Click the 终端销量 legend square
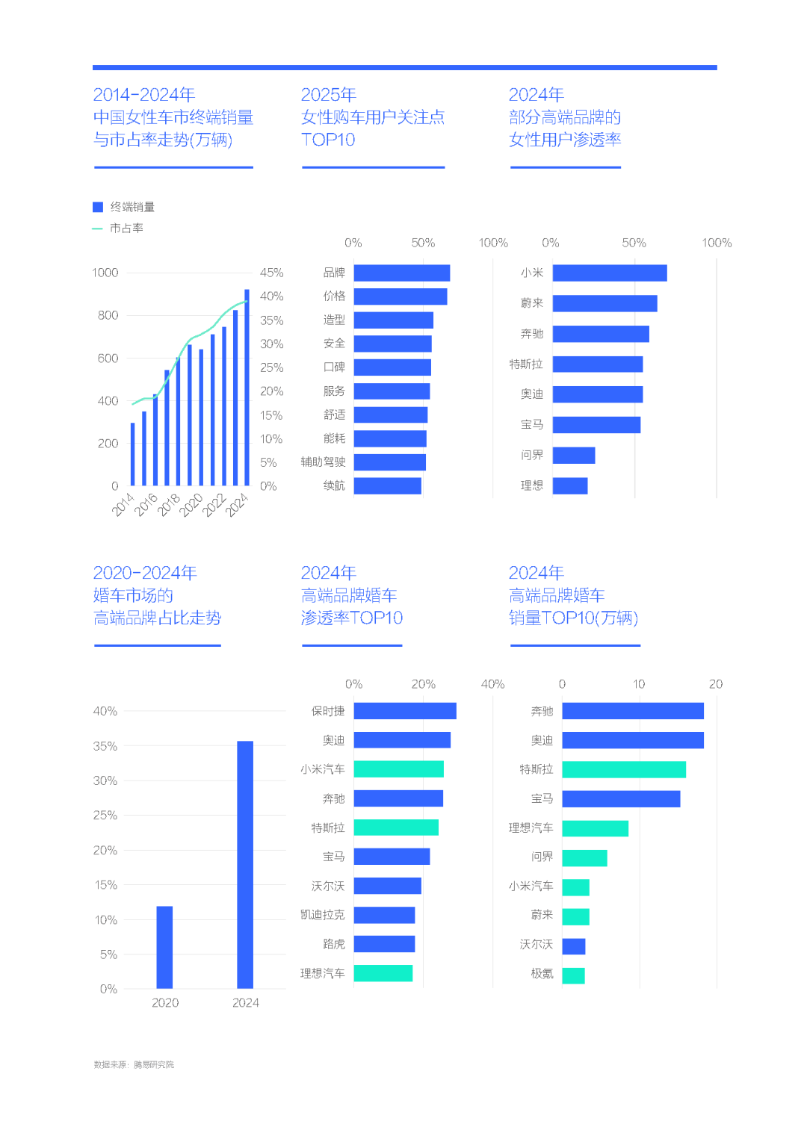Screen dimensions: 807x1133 (98, 207)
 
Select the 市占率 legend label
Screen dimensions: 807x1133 (126, 229)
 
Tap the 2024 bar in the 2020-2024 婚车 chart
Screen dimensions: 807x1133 (245, 864)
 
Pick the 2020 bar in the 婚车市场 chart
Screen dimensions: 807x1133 (164, 947)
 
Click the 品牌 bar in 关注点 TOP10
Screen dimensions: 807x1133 (402, 273)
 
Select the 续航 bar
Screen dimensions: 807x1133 (388, 485)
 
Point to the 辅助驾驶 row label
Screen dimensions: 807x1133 (323, 462)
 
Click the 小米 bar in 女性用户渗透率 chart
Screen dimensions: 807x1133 (610, 273)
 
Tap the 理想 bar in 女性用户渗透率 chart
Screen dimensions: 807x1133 (570, 485)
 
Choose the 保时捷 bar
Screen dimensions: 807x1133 (405, 711)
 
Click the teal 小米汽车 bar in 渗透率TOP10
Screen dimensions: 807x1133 (399, 769)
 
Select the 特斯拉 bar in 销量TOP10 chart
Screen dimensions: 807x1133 (624, 769)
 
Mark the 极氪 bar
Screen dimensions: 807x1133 (573, 975)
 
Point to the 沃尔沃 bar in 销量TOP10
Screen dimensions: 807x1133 (574, 946)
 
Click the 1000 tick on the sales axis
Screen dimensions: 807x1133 (105, 273)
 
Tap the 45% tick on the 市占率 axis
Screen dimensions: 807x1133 (272, 273)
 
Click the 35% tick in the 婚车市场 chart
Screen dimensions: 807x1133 (105, 746)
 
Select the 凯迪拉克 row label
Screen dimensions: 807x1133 (323, 914)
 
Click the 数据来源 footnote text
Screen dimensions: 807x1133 (134, 1065)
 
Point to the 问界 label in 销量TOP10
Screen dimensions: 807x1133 (542, 857)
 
